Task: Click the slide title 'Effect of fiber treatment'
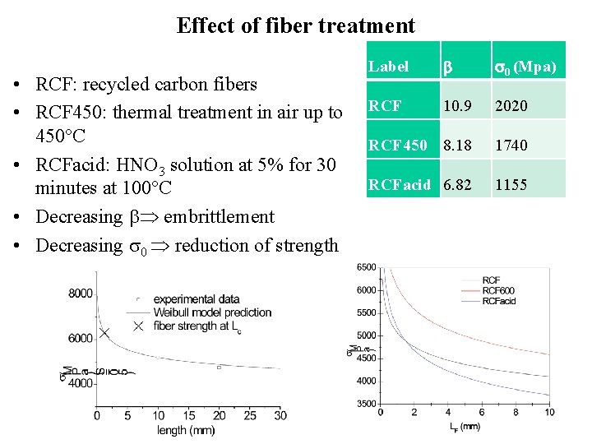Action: tap(296, 25)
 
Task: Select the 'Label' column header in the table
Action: tap(388, 67)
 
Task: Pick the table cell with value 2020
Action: tap(511, 106)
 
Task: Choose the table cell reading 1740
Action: tap(511, 146)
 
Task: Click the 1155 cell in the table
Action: tap(511, 185)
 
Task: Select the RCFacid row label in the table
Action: tap(399, 185)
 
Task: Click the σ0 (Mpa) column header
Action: tap(525, 67)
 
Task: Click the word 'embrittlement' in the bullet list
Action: tap(219, 218)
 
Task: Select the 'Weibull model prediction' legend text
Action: tap(210, 312)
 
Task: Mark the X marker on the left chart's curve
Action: tap(104, 333)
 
